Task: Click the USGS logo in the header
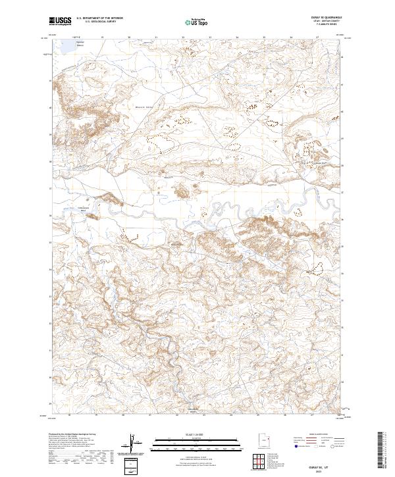coord(60,21)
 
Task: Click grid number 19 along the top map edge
coord(103,38)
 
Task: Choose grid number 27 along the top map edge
coord(318,38)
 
